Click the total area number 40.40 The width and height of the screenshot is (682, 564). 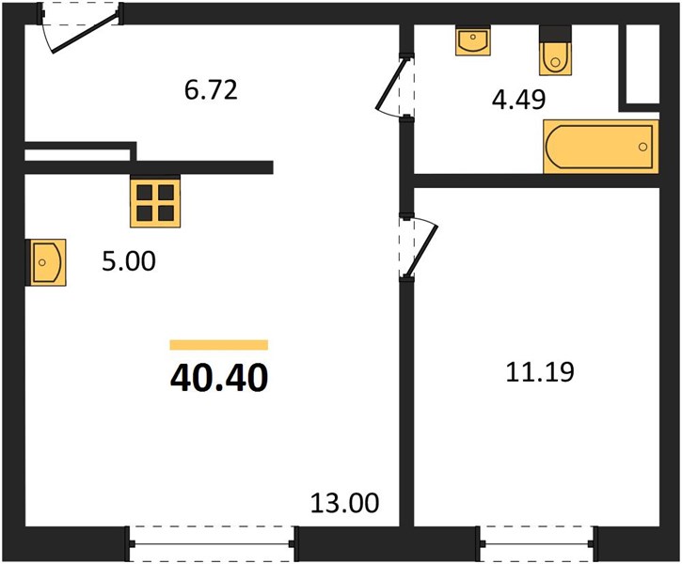219,378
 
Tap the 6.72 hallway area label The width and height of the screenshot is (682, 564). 211,90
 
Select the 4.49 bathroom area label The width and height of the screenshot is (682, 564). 518,100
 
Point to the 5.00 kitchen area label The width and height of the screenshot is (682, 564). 129,261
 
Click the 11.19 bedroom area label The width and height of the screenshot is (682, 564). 540,372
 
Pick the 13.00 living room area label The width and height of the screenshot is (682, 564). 345,503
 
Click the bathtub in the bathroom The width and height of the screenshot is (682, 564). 601,147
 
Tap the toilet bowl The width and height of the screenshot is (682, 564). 555,59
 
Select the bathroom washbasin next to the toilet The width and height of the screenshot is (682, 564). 473,40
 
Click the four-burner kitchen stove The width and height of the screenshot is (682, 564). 155,201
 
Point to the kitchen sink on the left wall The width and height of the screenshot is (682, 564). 46,262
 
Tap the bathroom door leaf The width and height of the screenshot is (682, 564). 391,84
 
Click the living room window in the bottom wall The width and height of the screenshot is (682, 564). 212,543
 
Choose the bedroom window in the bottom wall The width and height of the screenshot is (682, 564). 537,543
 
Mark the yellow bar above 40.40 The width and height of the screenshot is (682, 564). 219,345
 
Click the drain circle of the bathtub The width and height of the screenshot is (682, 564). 642,147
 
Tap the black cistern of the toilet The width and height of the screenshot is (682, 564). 555,34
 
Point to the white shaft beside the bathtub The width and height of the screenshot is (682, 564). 642,64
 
